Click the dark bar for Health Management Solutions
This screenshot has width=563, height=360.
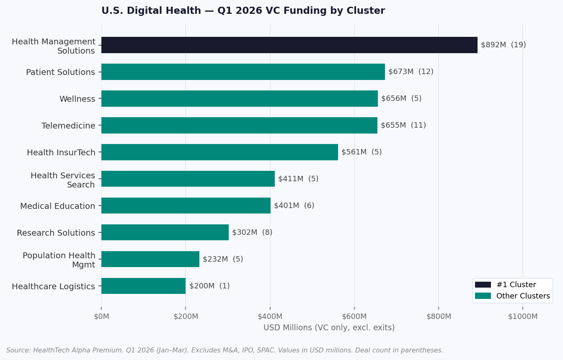pos(289,45)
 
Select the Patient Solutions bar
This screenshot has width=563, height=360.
pos(243,72)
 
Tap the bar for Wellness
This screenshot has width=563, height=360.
pos(239,98)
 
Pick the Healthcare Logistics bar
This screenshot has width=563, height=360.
pos(143,286)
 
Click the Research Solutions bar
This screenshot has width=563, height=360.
pos(165,232)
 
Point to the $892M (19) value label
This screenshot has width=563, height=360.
pos(503,45)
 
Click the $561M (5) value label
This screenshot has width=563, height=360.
pos(362,152)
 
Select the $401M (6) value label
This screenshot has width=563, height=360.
pos(294,206)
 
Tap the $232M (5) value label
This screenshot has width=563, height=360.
pos(223,259)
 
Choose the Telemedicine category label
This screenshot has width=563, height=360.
pos(68,126)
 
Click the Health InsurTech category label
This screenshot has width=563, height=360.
pos(61,152)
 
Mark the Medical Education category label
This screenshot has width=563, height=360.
pos(58,206)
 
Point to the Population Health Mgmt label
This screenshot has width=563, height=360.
pos(59,260)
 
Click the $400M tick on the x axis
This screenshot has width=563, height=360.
pos(270,316)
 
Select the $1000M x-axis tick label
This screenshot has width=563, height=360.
pos(522,316)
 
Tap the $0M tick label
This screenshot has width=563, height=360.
pos(101,316)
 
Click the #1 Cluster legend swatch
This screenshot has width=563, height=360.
pos(483,285)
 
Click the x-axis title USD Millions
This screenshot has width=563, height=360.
pos(329,328)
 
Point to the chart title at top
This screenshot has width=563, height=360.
pos(243,11)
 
